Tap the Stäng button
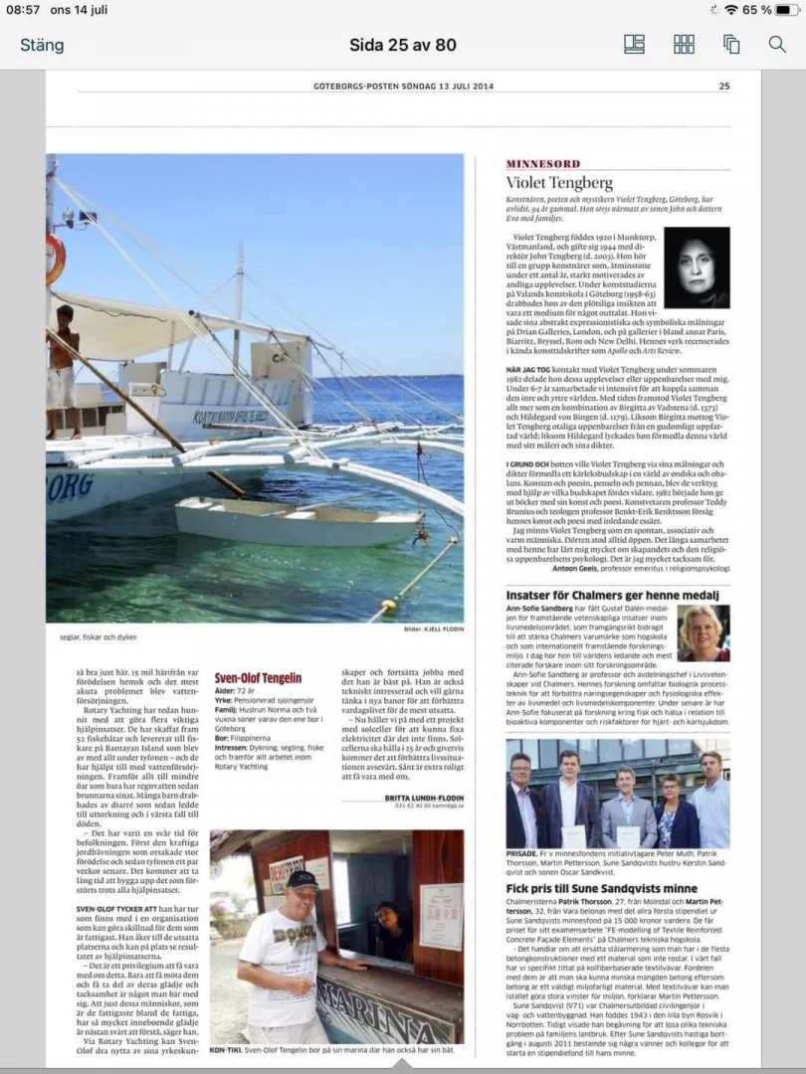[42, 45]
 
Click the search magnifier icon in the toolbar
[777, 44]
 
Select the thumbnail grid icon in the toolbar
[684, 44]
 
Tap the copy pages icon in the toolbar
[731, 44]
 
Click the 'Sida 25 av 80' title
[403, 44]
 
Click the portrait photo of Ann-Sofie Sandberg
[703, 634]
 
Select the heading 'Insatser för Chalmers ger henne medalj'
[611, 596]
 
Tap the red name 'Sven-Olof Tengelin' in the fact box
[258, 677]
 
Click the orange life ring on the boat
[55, 259]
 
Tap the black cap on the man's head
[301, 878]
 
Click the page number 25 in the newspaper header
[724, 86]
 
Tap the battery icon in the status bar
[786, 10]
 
